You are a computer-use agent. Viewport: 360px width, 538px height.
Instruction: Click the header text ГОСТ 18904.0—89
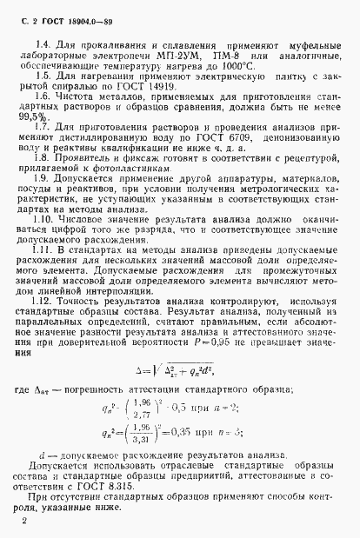[x=64, y=15]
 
